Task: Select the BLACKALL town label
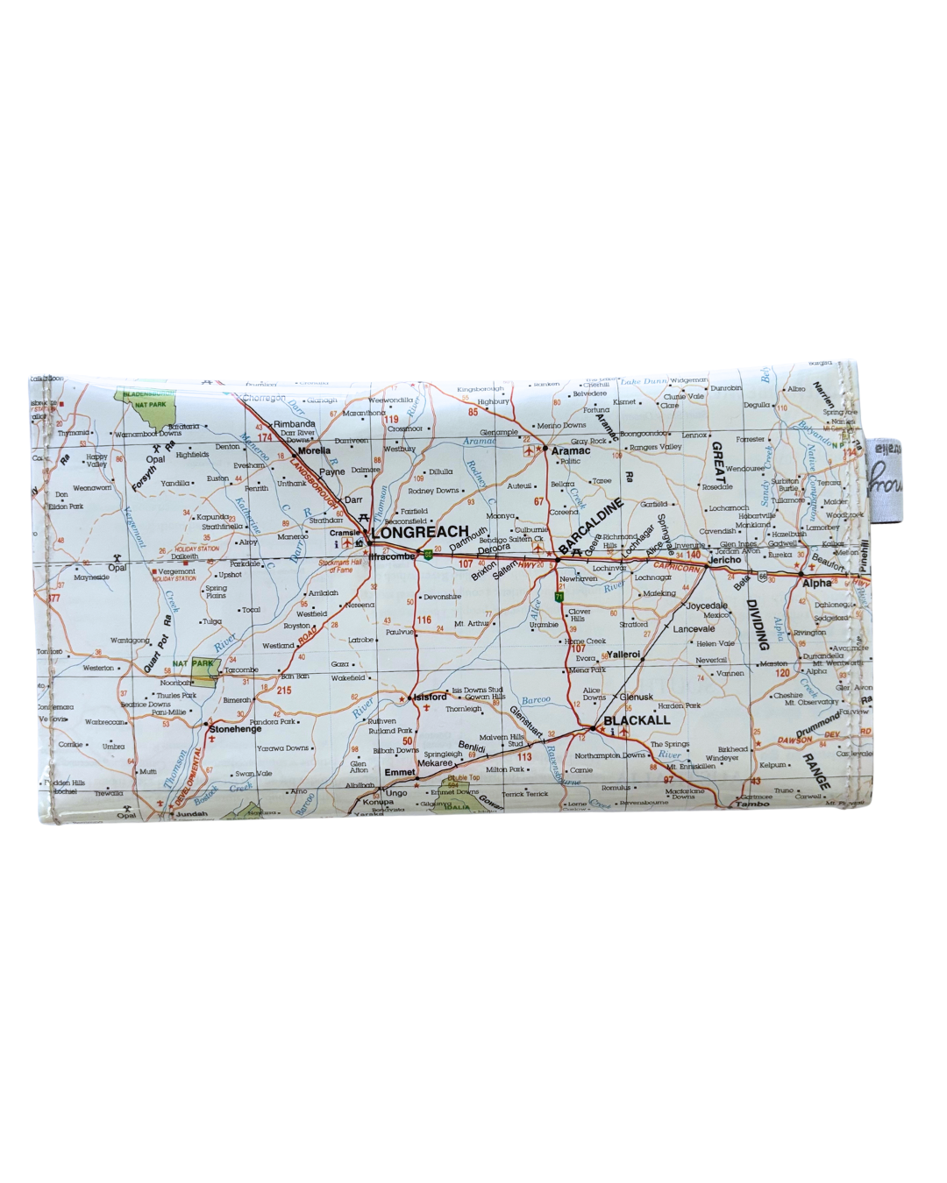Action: [x=637, y=720]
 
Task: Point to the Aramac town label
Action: [x=571, y=450]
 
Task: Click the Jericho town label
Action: [x=724, y=560]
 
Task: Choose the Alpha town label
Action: [x=816, y=583]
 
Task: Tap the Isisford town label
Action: [x=429, y=697]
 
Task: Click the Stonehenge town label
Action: [x=235, y=729]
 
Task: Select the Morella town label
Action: [x=315, y=450]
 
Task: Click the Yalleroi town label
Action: [x=624, y=655]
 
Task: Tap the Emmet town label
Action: [x=400, y=772]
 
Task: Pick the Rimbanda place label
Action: [x=295, y=424]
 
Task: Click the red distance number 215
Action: [x=283, y=691]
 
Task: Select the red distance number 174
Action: [x=265, y=437]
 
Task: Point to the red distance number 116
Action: [x=424, y=620]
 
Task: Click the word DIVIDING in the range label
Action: [x=756, y=624]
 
